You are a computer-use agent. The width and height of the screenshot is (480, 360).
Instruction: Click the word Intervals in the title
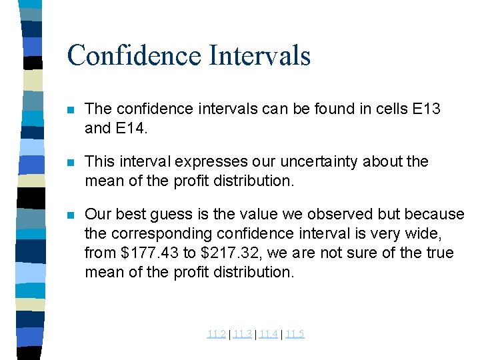click(x=259, y=55)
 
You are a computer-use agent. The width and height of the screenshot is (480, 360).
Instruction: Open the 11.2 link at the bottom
click(x=216, y=334)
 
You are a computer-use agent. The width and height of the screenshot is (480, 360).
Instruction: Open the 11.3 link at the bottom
click(x=242, y=334)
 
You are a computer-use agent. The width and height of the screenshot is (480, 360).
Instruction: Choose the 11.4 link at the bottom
click(x=268, y=334)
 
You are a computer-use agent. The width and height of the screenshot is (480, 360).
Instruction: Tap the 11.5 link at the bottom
click(x=294, y=334)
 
